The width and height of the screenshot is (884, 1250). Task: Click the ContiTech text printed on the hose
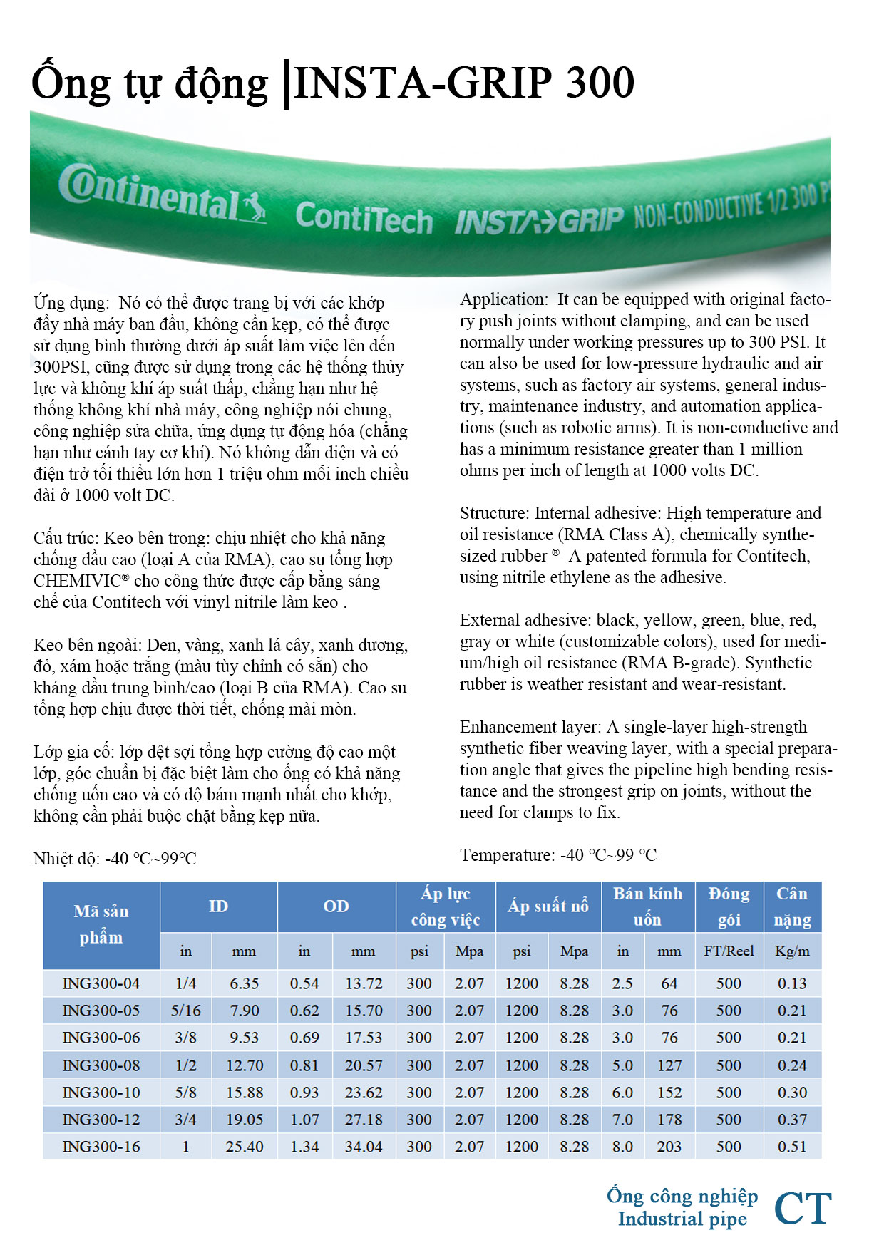(364, 217)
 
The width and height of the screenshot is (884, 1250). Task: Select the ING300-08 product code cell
(101, 1065)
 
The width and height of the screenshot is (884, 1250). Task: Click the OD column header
(336, 906)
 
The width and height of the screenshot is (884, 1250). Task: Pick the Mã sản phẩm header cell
(101, 924)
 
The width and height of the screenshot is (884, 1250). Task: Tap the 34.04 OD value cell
(364, 1147)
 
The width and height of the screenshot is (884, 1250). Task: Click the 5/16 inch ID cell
(186, 1011)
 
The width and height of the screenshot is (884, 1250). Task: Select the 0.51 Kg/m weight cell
(792, 1147)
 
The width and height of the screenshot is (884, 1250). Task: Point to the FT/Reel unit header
(729, 951)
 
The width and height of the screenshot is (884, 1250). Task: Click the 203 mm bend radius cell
(669, 1147)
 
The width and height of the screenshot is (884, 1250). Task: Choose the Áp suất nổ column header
(548, 906)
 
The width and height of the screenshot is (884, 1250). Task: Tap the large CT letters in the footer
(803, 1208)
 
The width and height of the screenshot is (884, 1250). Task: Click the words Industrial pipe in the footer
(682, 1219)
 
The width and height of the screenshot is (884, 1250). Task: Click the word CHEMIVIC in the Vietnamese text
(78, 581)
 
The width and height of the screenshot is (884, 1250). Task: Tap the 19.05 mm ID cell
(245, 1120)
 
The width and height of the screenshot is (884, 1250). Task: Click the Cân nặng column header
(792, 906)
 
